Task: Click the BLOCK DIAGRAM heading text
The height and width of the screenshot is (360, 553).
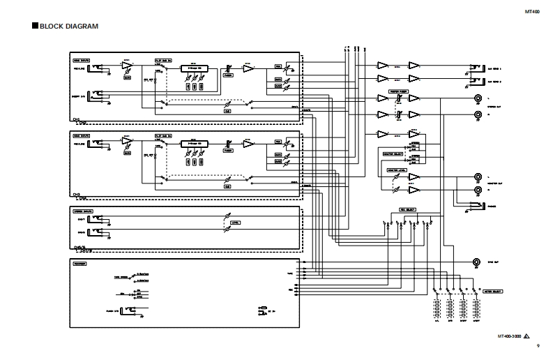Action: click(x=68, y=27)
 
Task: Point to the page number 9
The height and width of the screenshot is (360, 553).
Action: click(x=538, y=346)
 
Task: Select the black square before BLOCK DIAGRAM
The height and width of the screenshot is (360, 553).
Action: click(x=34, y=27)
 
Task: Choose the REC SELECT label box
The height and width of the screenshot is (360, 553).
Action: click(x=407, y=209)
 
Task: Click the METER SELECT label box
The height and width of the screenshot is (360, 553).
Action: click(x=494, y=290)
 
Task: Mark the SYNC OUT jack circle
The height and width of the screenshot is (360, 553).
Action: click(x=477, y=262)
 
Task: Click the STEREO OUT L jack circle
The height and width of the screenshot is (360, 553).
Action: click(x=478, y=98)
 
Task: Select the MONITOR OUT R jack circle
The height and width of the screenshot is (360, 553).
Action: click(x=478, y=190)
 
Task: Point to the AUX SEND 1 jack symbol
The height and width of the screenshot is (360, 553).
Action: click(x=478, y=68)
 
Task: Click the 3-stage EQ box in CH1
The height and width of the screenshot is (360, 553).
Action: click(x=195, y=68)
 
